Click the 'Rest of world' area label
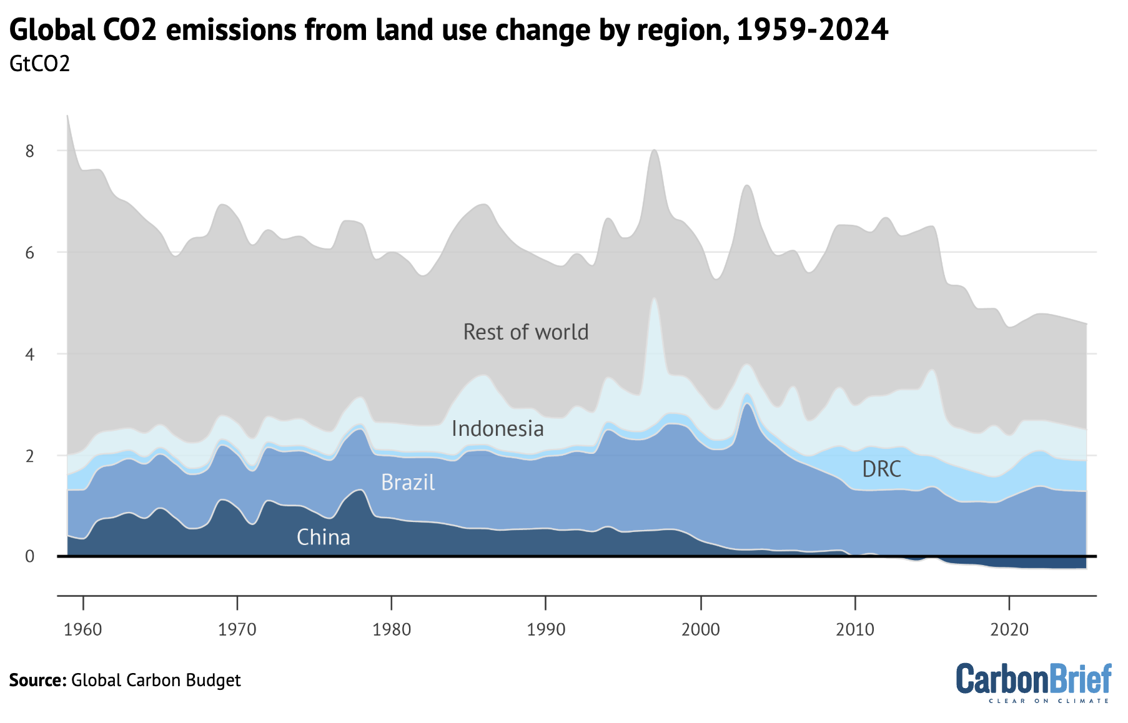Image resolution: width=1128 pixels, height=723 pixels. point(525,332)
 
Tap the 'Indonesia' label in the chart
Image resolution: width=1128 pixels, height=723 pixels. point(497,429)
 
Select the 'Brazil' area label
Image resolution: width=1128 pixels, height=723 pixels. point(407,483)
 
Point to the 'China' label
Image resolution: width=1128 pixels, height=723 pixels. point(323,538)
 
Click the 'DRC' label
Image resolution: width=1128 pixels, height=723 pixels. point(881,469)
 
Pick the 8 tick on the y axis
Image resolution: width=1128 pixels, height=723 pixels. point(29,151)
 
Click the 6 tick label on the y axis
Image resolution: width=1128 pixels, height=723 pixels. point(29,253)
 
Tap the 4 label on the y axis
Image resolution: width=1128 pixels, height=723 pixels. point(29,355)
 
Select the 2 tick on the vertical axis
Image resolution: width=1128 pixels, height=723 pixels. point(29,456)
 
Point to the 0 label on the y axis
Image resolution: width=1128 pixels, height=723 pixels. point(29,556)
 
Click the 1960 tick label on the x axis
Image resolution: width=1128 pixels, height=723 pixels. point(82,629)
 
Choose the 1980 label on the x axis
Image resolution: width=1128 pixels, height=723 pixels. point(392,629)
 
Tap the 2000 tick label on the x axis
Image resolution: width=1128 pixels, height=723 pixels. point(700,629)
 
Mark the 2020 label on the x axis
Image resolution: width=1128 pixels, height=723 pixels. point(1009,629)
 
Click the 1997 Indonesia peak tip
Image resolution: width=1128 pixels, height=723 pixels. point(654,298)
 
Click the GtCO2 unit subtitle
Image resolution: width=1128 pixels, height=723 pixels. point(39,64)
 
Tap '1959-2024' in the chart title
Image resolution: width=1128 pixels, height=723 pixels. point(812,29)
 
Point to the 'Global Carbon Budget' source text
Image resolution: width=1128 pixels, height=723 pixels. point(156,680)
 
